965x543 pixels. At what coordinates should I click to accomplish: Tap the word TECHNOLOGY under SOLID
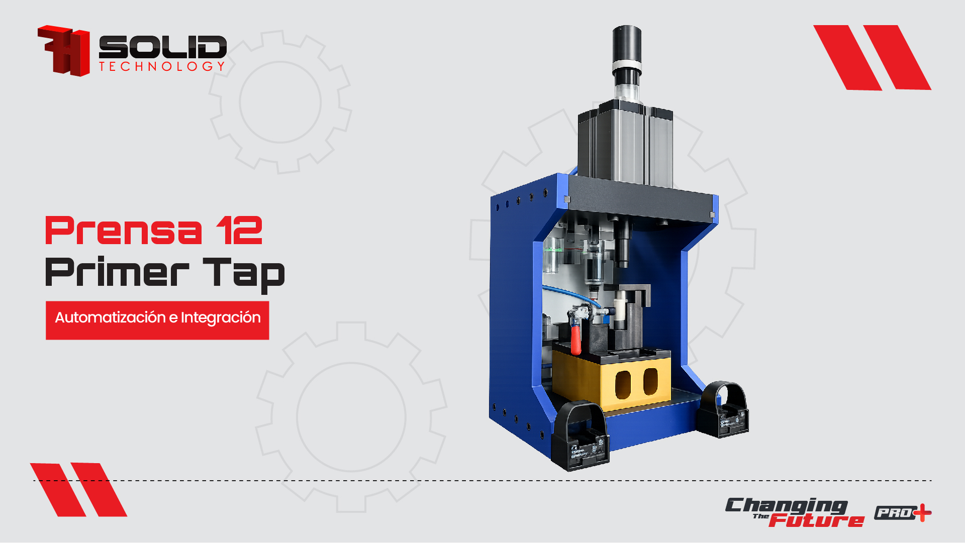[x=162, y=66]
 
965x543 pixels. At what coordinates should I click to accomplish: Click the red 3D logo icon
[x=64, y=51]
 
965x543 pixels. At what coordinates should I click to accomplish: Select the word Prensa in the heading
[x=124, y=231]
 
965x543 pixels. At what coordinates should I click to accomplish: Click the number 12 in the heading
[x=240, y=231]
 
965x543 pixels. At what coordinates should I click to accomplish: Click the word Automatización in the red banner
[x=111, y=317]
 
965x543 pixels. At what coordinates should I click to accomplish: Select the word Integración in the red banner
[x=221, y=318]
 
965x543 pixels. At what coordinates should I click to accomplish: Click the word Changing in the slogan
[x=787, y=506]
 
